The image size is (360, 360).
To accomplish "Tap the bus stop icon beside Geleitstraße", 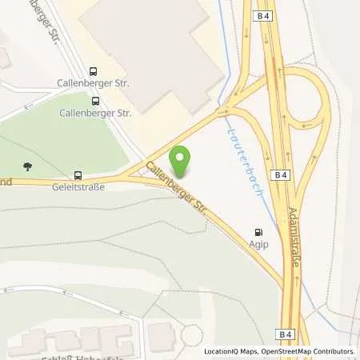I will (78, 175).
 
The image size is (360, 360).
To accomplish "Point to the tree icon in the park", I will (29, 166).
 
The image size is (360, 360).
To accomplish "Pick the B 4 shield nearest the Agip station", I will (282, 174).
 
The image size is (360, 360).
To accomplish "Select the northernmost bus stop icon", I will (94, 70).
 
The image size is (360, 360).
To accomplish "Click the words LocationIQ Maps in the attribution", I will (230, 351).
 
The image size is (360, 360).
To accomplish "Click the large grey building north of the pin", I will (152, 52).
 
